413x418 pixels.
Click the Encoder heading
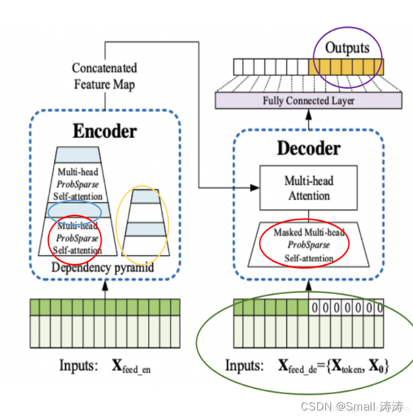tap(104, 131)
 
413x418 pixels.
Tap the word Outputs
tap(347, 48)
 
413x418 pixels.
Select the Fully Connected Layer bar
tap(308, 101)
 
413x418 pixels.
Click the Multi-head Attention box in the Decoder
tap(309, 188)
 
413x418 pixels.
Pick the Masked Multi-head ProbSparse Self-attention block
tap(309, 246)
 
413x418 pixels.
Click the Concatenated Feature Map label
tap(104, 76)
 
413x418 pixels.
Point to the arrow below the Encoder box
tap(104, 286)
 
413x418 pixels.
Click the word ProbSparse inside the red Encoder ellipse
tap(78, 239)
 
